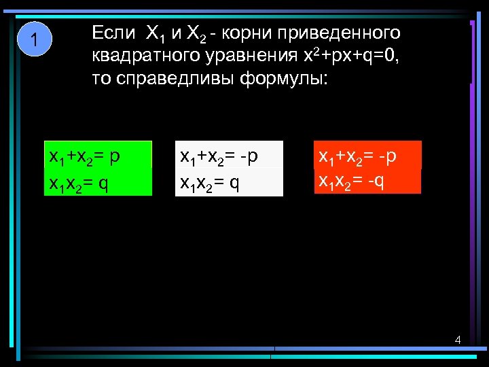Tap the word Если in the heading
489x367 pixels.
click(113, 32)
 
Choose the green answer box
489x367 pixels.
click(98, 169)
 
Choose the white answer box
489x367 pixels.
click(229, 169)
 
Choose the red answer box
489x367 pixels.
click(367, 167)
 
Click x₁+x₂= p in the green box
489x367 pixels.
click(85, 156)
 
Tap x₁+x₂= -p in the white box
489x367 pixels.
click(219, 156)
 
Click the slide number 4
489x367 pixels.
click(458, 340)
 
